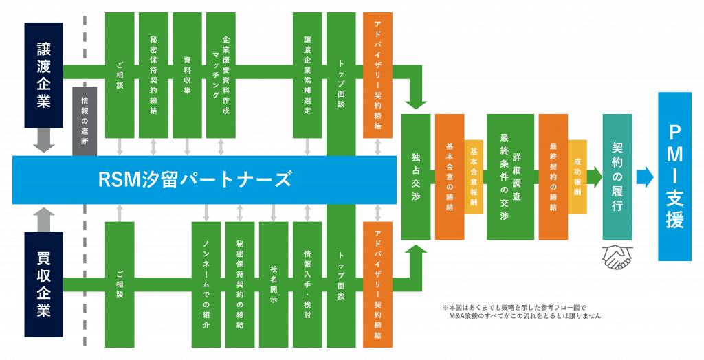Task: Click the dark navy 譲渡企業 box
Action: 43,75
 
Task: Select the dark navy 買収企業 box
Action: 43,284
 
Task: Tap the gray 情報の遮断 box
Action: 85,121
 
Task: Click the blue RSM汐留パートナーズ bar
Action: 204,180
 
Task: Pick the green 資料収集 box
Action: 187,75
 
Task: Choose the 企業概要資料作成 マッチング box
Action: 221,75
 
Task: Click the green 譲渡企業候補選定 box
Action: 307,75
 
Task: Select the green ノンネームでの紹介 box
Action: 206,284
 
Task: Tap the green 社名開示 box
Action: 273,284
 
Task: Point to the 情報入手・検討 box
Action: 307,284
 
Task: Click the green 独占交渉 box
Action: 415,177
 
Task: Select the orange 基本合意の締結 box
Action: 449,177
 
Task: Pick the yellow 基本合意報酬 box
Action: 474,177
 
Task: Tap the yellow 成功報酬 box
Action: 577,177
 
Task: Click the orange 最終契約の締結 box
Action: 553,177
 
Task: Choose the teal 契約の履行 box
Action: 617,177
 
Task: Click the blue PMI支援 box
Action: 674,177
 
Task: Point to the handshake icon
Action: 617,256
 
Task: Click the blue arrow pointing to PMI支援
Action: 645,177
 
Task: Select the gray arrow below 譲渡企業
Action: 44,142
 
